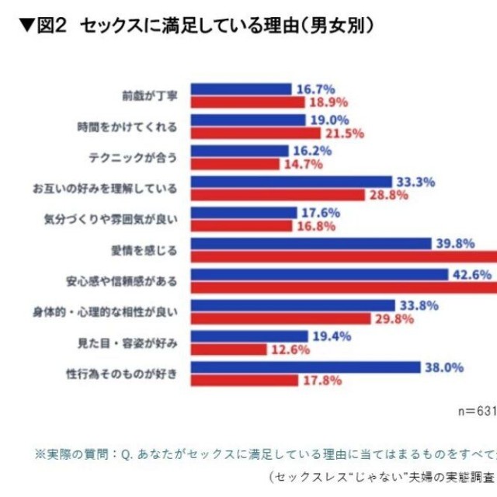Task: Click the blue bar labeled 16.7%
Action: pyautogui.click(x=241, y=89)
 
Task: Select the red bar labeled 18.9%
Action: pyautogui.click(x=248, y=102)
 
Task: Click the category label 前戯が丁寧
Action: pyautogui.click(x=150, y=96)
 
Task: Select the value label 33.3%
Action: pyautogui.click(x=415, y=182)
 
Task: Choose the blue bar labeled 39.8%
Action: pyautogui.click(x=311, y=244)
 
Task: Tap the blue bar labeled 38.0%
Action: pyautogui.click(x=305, y=367)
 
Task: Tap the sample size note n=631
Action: pyautogui.click(x=477, y=412)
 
